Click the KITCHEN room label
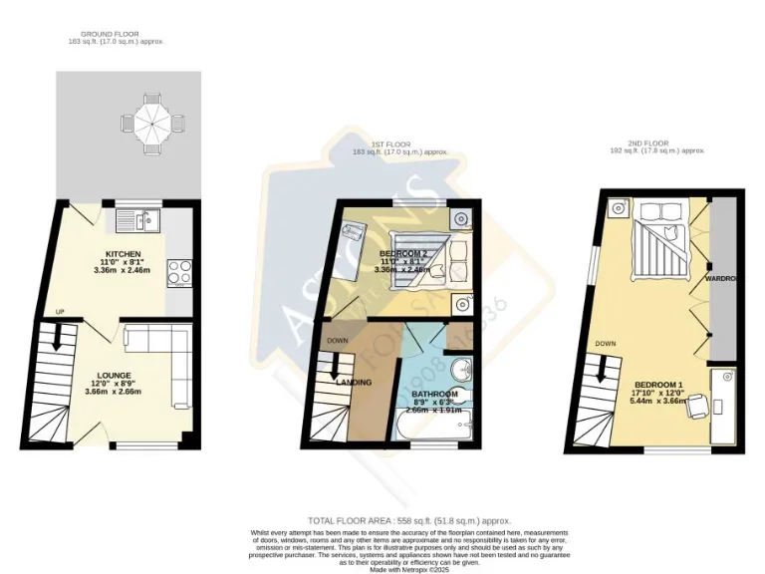tap(124, 253)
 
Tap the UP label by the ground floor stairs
tap(60, 312)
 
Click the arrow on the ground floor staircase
tap(57, 340)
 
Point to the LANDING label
tap(354, 382)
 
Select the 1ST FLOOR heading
tap(392, 143)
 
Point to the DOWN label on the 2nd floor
tap(606, 344)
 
